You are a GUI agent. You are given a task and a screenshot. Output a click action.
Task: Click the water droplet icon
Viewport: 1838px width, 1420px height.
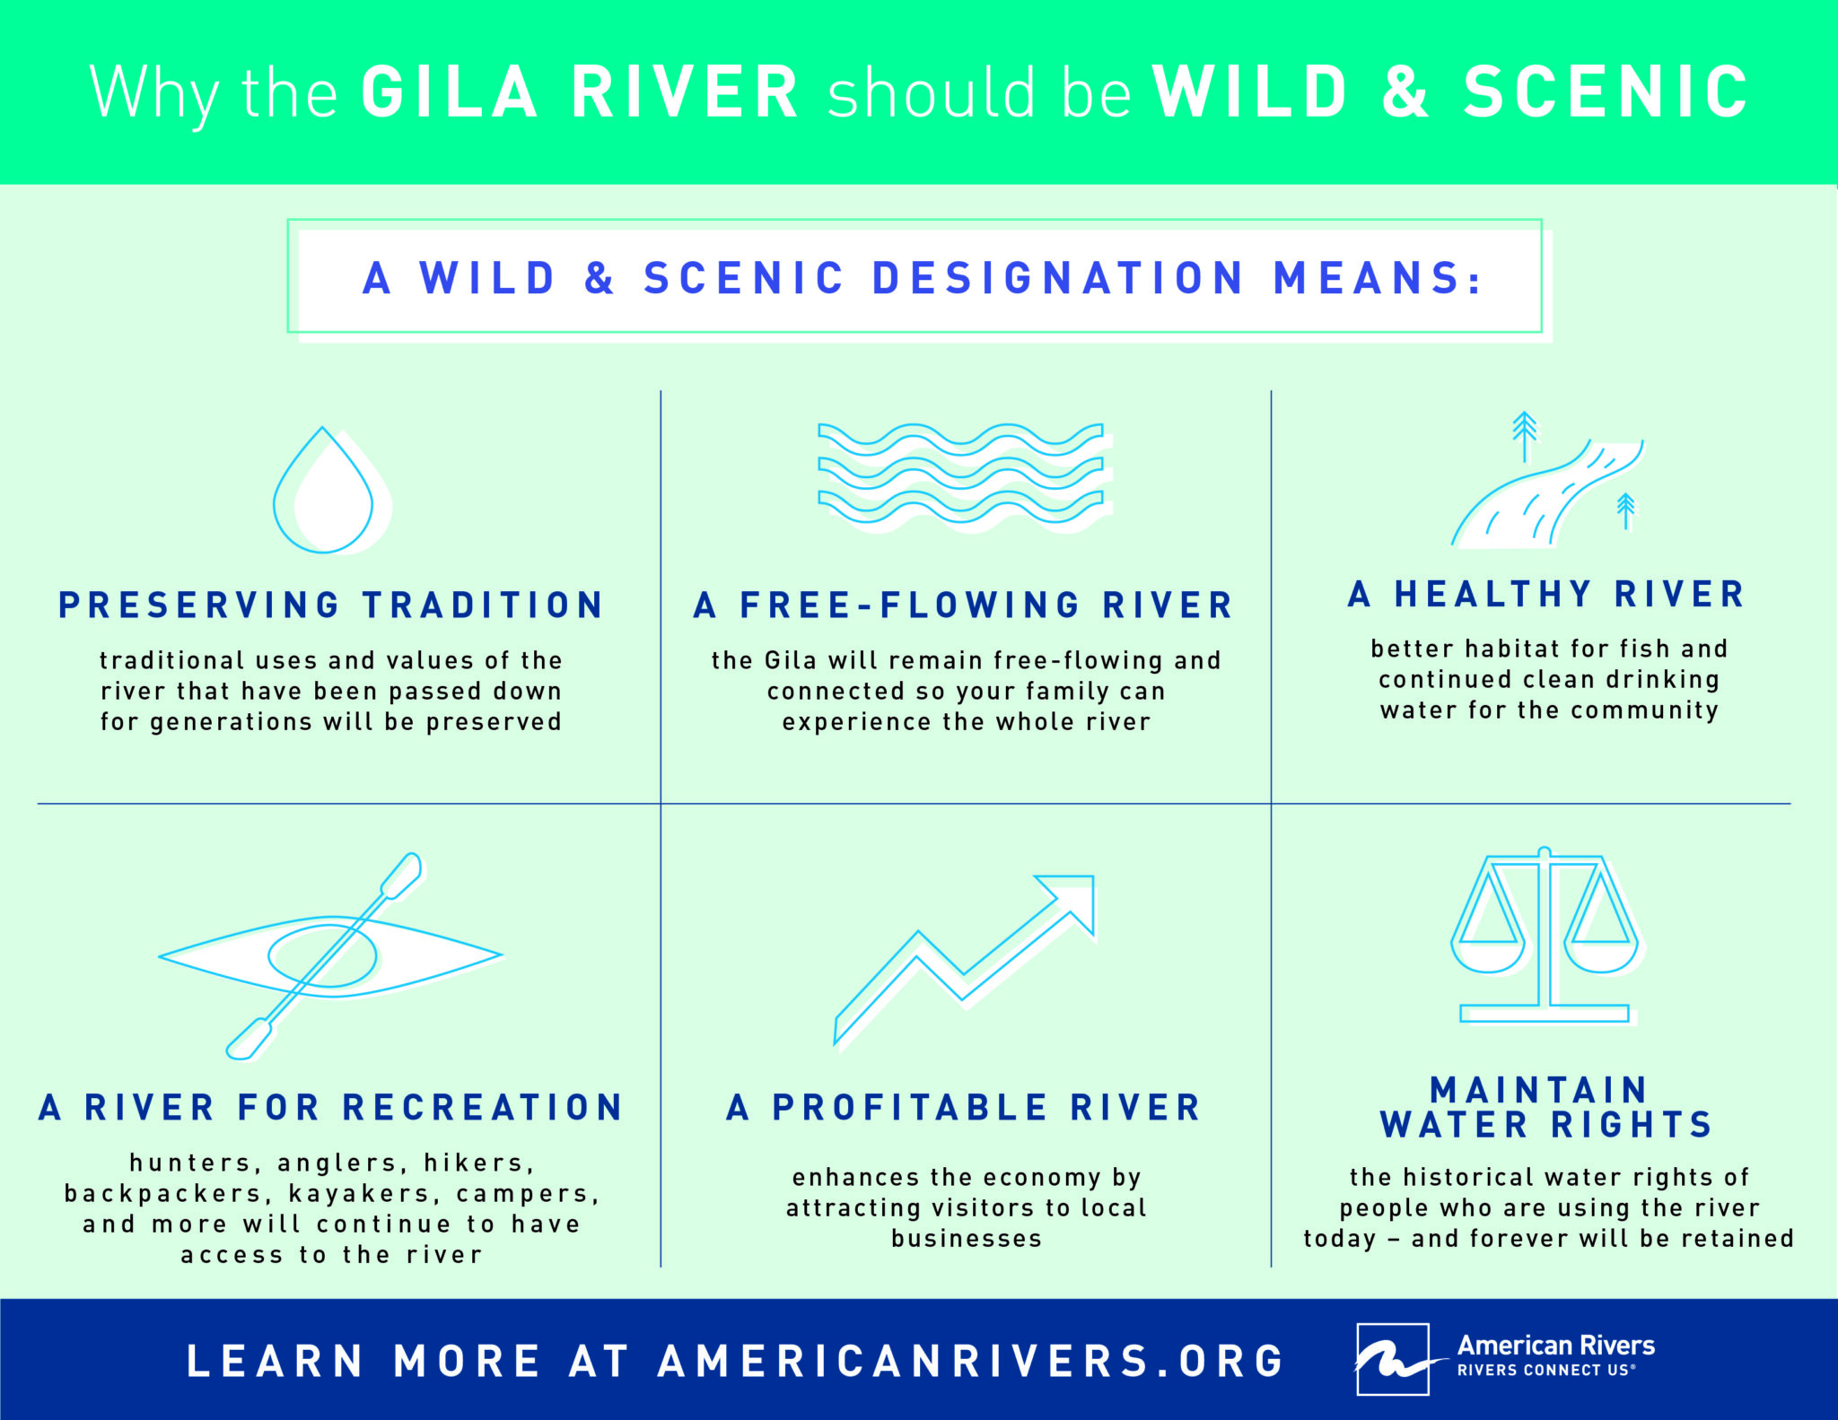coord(324,493)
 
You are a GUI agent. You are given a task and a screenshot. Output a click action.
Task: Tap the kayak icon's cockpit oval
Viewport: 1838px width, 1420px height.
coord(322,956)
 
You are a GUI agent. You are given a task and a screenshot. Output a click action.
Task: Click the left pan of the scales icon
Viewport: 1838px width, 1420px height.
coord(1487,951)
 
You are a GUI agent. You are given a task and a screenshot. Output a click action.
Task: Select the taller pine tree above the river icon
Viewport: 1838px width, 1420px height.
coord(1524,435)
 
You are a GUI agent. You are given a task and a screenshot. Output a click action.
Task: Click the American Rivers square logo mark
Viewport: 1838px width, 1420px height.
coord(1392,1358)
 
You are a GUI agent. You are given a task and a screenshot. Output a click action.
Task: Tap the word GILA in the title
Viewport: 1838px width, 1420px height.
coord(450,92)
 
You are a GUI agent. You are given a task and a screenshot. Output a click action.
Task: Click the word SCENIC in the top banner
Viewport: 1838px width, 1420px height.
coord(1606,92)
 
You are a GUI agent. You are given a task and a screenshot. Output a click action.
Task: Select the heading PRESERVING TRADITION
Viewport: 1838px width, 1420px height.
coord(331,605)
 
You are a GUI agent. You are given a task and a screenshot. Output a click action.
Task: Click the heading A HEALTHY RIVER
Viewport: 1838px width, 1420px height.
coord(1547,594)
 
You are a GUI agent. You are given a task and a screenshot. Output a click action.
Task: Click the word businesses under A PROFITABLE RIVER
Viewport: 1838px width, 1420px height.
coord(967,1239)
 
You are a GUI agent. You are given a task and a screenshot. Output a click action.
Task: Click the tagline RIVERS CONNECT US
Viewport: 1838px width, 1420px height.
coord(1545,1371)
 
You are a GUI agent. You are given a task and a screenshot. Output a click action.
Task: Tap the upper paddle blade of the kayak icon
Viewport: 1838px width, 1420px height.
coord(401,874)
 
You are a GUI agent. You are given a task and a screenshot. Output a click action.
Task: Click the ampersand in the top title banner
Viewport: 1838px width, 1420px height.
coord(1405,92)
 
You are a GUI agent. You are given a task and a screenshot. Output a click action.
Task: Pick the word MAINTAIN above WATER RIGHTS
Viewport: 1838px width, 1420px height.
coord(1538,1090)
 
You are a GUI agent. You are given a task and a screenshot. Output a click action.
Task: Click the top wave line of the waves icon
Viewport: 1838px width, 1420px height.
coord(960,436)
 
